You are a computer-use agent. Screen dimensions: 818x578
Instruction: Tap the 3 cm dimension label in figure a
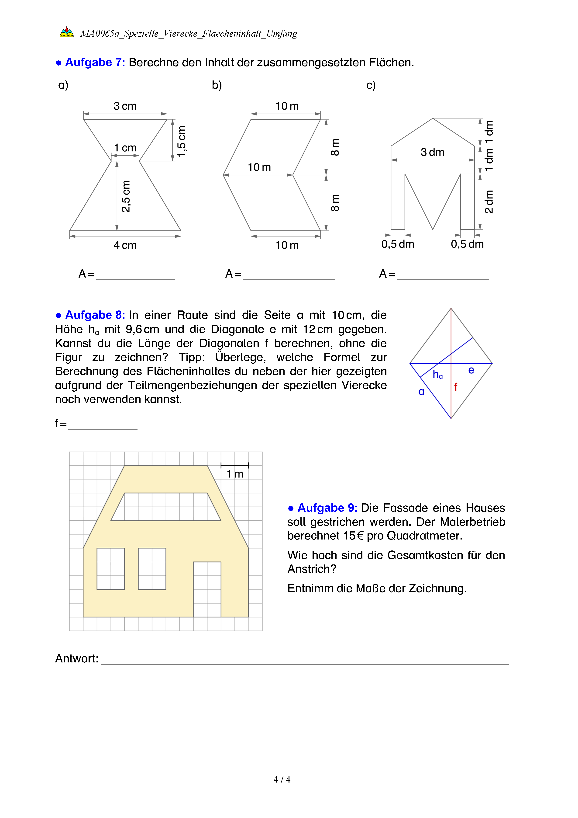(125, 106)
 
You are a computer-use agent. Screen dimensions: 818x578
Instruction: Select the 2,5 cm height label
(126, 196)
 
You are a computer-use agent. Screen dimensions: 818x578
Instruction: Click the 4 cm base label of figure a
(125, 245)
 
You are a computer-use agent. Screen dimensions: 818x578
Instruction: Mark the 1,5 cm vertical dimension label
(182, 141)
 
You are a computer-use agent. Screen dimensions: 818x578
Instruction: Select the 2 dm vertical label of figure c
(489, 202)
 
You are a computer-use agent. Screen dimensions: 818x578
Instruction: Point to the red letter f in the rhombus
(456, 387)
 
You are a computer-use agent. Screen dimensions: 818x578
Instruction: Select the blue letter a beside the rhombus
(421, 392)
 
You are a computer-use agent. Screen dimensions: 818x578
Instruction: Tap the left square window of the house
(111, 569)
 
